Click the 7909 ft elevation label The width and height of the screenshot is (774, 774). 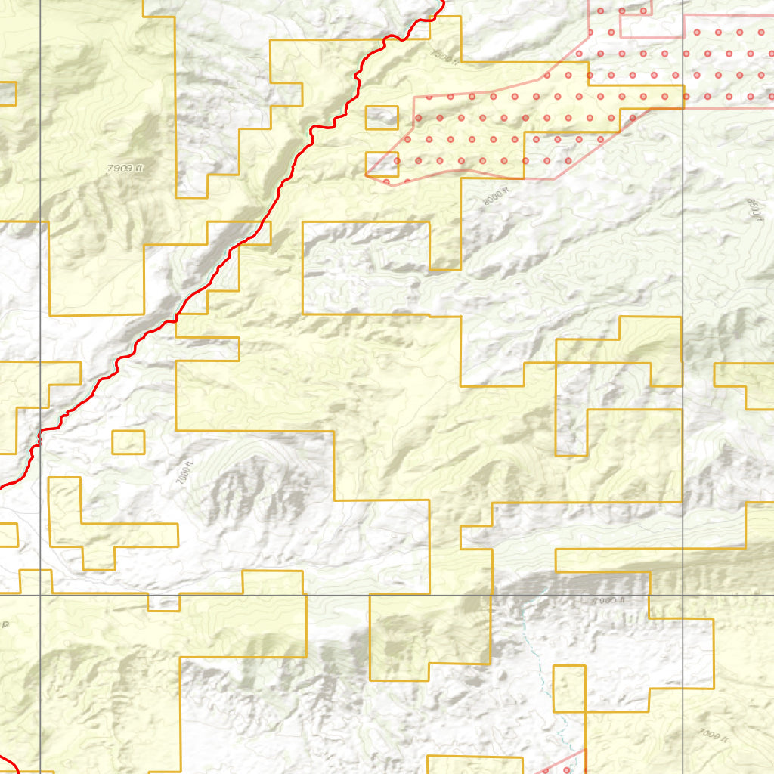pyautogui.click(x=124, y=169)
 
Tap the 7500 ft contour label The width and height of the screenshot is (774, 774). pyautogui.click(x=444, y=55)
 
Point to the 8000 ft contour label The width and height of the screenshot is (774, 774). pyautogui.click(x=495, y=197)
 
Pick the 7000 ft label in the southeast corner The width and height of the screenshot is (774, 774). pyautogui.click(x=713, y=733)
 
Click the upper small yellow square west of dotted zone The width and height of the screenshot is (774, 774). pyautogui.click(x=382, y=118)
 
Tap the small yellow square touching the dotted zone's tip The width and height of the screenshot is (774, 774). pyautogui.click(x=382, y=164)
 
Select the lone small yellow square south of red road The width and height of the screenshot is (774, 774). pyautogui.click(x=128, y=442)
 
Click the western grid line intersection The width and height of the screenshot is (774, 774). pyautogui.click(x=40, y=596)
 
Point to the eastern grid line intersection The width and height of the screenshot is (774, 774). pyautogui.click(x=683, y=596)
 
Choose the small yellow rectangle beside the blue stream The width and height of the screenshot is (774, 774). pyautogui.click(x=569, y=689)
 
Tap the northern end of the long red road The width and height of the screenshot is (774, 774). pyautogui.click(x=441, y=3)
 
